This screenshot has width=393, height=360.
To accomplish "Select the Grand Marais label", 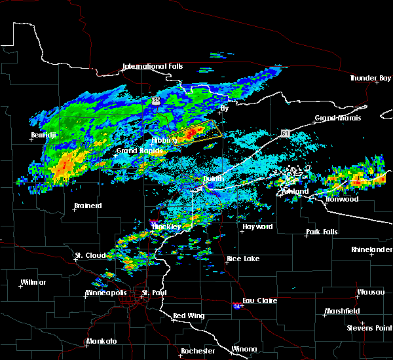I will coord(335,118).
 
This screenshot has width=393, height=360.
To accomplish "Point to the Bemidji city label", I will coord(45,135).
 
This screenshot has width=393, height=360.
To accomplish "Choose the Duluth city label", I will coord(212,179).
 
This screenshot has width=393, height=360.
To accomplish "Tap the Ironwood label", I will coord(342,199).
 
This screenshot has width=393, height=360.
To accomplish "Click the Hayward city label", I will coord(257,226).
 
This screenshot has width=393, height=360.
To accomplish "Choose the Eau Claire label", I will coord(259,300).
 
